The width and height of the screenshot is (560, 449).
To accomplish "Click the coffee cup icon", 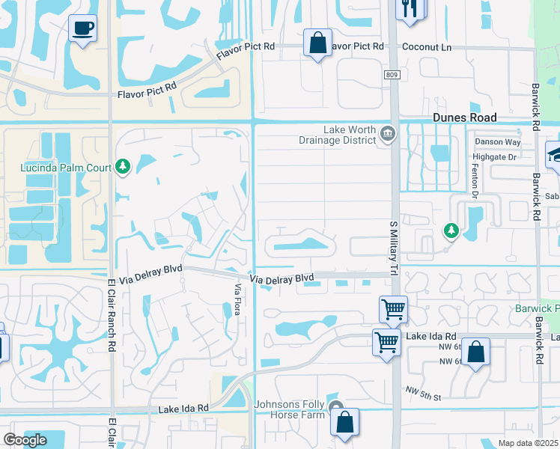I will [82, 29].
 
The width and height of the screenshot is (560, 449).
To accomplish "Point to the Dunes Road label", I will [465, 117].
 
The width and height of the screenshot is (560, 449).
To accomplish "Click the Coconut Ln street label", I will [427, 46].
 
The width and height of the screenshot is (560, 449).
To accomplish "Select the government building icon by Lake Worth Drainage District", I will [388, 134].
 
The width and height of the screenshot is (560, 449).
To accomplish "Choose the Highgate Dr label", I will [495, 157].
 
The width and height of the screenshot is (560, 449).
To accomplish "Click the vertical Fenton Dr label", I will [475, 180].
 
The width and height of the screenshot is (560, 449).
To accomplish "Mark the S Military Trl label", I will [392, 246].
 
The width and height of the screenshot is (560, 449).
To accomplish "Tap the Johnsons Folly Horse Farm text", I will [290, 409].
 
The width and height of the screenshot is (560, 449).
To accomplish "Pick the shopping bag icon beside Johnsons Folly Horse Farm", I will [344, 421].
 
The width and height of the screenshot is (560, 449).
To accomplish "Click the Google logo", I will [25, 439].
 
